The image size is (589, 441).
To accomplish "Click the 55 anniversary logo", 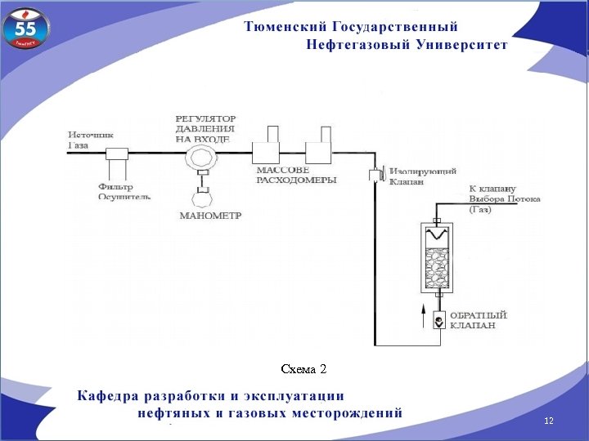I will click(27, 30).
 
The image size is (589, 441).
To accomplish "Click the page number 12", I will click(548, 420).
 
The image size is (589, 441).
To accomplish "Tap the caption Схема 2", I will click(303, 369).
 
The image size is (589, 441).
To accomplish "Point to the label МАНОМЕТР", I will click(210, 216).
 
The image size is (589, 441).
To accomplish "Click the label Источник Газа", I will click(89, 140).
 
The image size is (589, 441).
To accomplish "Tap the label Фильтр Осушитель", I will click(124, 191).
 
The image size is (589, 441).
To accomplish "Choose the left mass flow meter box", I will click(267, 151).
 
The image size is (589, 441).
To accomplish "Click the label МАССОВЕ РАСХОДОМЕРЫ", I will click(284, 175).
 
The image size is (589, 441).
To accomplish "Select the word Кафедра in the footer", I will click(107, 396).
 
